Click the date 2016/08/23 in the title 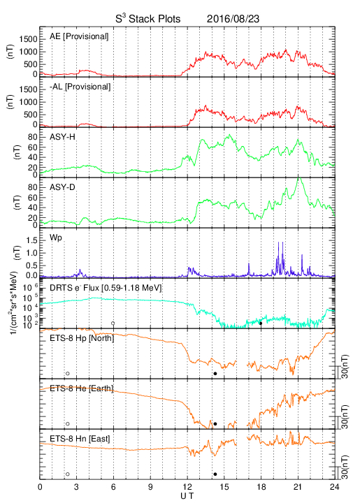tap(233, 19)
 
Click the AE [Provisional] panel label tap(79, 36)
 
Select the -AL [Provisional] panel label tap(80, 87)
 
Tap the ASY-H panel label tap(62, 137)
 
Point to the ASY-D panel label tap(62, 187)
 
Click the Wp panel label tap(55, 238)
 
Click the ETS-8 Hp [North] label tap(82, 338)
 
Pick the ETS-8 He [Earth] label tap(82, 388)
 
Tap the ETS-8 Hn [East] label tap(80, 439)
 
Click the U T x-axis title tap(187, 496)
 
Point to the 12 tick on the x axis tap(187, 487)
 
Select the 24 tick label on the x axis tap(335, 487)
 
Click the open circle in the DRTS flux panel tap(113, 323)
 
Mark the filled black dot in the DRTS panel tap(261, 323)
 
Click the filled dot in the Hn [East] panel tap(215, 474)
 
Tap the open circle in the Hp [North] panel tap(68, 373)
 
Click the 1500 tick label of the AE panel tap(28, 39)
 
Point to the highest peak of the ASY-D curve tap(299, 177)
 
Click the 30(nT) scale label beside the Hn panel tap(345, 467)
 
